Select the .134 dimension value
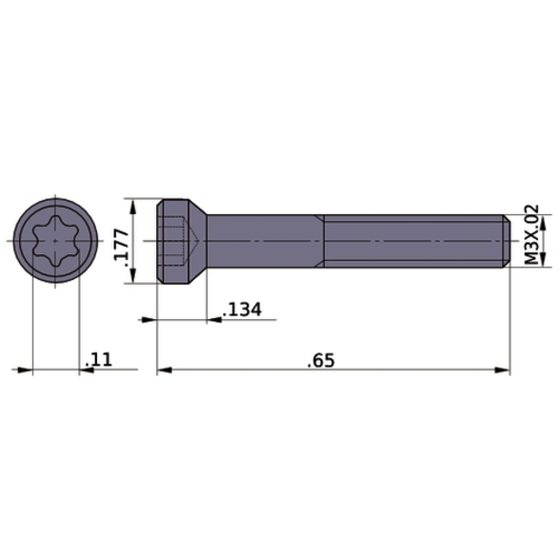pos(242,309)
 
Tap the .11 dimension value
pos(98,359)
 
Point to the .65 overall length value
pos(321,359)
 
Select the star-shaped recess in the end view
pos(55,241)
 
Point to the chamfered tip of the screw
pos(506,241)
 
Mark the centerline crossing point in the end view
pos(55,241)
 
